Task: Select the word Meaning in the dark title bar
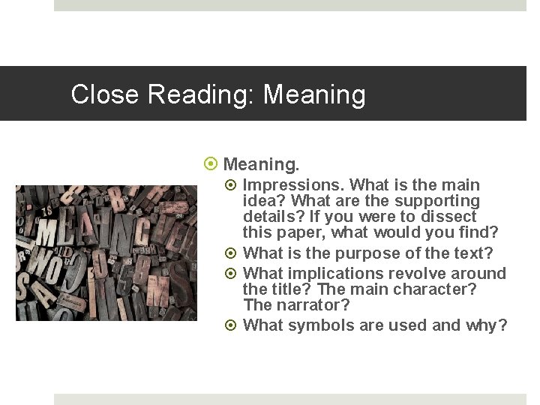(314, 94)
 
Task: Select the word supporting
(436, 201)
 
